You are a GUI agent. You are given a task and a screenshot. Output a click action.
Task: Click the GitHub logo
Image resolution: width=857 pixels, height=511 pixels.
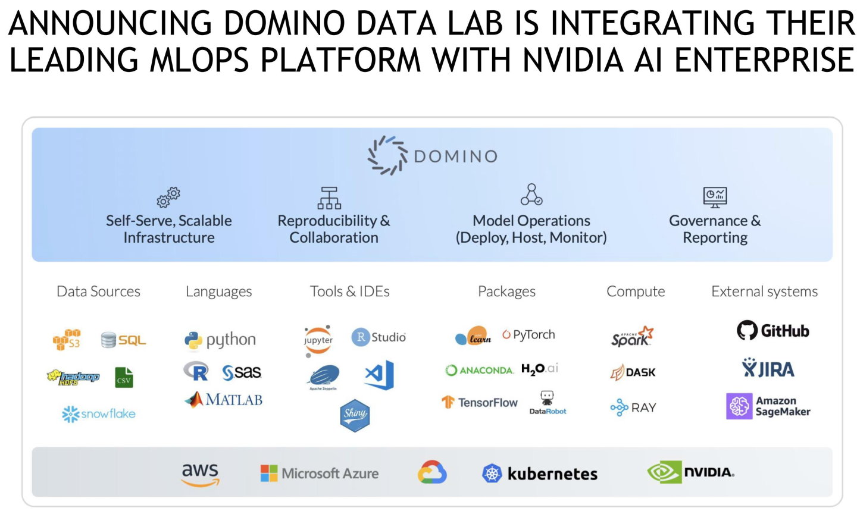tap(772, 331)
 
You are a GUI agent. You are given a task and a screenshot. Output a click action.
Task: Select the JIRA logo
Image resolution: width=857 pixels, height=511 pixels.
tap(768, 369)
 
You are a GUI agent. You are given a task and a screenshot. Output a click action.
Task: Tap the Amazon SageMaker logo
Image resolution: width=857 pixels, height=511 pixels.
tap(768, 406)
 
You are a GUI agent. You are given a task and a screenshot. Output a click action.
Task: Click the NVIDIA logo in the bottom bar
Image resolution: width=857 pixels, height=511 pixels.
tap(690, 473)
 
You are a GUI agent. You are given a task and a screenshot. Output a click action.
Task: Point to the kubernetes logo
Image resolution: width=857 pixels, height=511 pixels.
tap(539, 474)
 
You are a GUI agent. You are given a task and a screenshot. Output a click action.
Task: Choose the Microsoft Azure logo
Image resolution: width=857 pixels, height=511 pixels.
tap(320, 474)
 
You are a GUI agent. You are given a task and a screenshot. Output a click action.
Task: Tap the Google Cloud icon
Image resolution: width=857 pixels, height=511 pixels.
tap(432, 473)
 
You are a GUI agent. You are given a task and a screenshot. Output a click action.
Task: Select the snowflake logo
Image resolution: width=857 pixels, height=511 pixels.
tap(99, 413)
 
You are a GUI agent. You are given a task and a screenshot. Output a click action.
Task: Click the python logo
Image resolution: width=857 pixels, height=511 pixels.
tap(220, 340)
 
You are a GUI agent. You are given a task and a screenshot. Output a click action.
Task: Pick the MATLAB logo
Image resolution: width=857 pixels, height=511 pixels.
tap(223, 400)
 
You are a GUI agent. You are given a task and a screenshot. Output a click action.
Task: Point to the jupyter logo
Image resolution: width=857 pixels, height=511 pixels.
tap(318, 340)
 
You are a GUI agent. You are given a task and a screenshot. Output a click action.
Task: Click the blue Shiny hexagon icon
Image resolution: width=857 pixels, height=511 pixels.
tap(355, 415)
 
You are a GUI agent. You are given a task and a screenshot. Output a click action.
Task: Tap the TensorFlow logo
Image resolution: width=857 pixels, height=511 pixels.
tap(479, 403)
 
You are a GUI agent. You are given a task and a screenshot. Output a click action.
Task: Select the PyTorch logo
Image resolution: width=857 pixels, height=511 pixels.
tap(528, 335)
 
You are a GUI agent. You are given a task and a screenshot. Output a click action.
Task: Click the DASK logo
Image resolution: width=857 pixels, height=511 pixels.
tap(633, 372)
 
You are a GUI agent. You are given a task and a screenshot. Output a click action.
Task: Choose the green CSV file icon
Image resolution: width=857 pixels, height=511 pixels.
tap(124, 378)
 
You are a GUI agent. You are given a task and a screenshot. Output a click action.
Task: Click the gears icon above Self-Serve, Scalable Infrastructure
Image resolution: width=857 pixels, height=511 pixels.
tap(168, 197)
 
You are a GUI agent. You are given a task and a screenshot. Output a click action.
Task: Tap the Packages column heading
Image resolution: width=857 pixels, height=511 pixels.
tap(506, 291)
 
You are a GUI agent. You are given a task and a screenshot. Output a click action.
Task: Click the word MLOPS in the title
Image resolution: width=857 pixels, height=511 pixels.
tap(199, 59)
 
